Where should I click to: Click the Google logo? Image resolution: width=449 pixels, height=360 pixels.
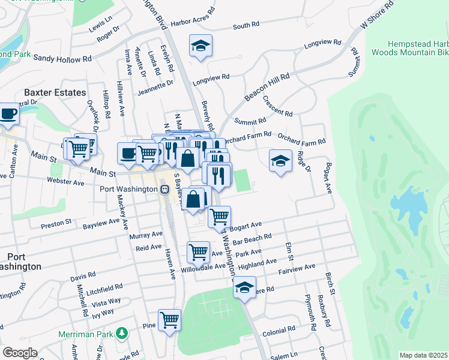[x=20, y=353]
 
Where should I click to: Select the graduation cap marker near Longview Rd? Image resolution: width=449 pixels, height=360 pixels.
[x=200, y=46]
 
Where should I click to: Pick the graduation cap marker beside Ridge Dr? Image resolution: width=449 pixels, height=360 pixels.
[x=280, y=161]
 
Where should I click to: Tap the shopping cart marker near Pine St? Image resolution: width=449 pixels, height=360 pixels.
[x=170, y=319]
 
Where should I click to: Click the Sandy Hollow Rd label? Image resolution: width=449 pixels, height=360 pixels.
[x=62, y=58]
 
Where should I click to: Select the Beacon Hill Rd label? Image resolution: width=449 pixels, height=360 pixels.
[x=267, y=88]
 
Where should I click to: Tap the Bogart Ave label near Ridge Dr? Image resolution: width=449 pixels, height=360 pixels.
[x=328, y=178]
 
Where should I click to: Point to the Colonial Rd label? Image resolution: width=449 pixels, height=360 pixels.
[x=278, y=331]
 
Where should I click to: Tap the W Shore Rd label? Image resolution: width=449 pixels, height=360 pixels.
[x=376, y=15]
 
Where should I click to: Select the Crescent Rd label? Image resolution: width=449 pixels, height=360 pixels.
[x=277, y=106]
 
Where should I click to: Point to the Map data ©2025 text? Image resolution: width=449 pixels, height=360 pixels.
[x=423, y=355]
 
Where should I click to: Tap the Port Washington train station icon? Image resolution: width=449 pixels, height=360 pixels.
[x=164, y=189]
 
